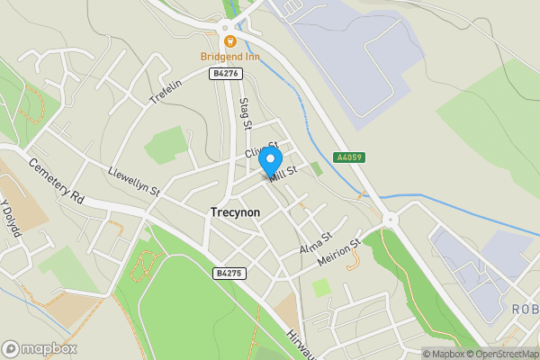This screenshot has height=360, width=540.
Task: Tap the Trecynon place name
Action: click(235, 214)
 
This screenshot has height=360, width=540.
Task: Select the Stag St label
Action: click(245, 112)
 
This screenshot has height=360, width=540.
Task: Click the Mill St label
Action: click(283, 172)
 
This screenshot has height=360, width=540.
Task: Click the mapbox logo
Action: click(40, 348)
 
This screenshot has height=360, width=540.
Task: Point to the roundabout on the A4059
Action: click(390, 219)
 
